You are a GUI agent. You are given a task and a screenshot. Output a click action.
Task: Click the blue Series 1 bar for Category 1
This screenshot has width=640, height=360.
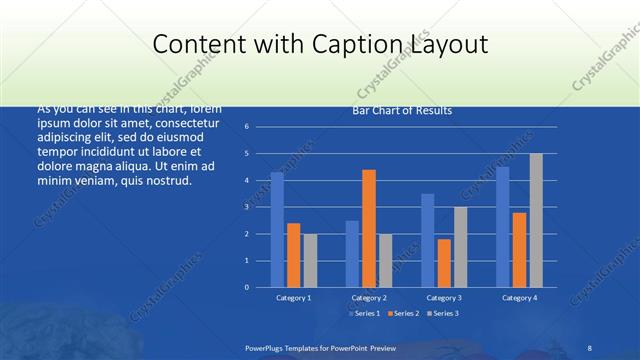click(277, 230)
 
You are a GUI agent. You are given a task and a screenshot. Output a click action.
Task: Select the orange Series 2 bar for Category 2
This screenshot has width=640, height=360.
click(369, 228)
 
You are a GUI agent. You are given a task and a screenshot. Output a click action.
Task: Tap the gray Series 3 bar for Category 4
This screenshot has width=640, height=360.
click(536, 220)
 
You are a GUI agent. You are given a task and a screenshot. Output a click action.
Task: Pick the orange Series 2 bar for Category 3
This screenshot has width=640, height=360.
click(444, 263)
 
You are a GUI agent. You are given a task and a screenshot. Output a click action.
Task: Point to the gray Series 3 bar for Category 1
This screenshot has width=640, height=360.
click(310, 260)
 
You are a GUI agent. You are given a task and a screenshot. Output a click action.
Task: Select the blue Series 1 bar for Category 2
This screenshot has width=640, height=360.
click(352, 254)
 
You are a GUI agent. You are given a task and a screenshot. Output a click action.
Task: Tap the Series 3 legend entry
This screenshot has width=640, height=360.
click(441, 313)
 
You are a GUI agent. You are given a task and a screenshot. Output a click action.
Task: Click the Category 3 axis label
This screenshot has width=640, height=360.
click(444, 298)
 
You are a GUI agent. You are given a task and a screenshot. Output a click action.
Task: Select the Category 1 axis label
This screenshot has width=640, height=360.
click(294, 298)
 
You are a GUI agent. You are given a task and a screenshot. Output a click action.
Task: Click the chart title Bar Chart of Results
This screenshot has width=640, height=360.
click(402, 111)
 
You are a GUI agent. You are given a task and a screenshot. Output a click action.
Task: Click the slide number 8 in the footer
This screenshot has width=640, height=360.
click(590, 346)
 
